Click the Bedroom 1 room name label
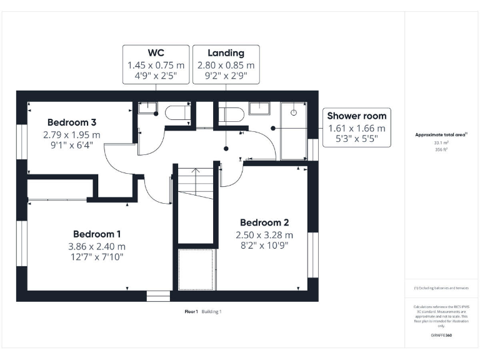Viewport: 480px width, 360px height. [97, 234]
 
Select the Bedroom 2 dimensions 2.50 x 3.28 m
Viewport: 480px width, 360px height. [264, 235]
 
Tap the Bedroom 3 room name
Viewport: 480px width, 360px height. [72, 122]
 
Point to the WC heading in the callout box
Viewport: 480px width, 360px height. [156, 53]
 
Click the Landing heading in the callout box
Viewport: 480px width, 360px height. [226, 53]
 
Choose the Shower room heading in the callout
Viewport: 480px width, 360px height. [357, 116]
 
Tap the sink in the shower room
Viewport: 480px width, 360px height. [259, 109]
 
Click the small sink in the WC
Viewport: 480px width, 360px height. [147, 107]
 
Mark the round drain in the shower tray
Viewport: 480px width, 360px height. [293, 112]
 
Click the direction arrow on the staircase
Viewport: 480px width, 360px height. [196, 171]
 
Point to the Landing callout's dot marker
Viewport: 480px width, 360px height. [226, 147]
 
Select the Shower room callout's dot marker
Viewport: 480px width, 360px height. [273, 127]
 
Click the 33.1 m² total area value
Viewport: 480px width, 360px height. [441, 142]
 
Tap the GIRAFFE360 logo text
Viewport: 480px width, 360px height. [441, 336]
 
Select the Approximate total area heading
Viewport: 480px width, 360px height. [440, 135]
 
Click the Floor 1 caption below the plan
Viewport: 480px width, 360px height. [191, 311]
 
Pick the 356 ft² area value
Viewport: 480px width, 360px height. [441, 150]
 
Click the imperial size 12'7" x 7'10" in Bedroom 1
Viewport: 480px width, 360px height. [97, 257]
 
